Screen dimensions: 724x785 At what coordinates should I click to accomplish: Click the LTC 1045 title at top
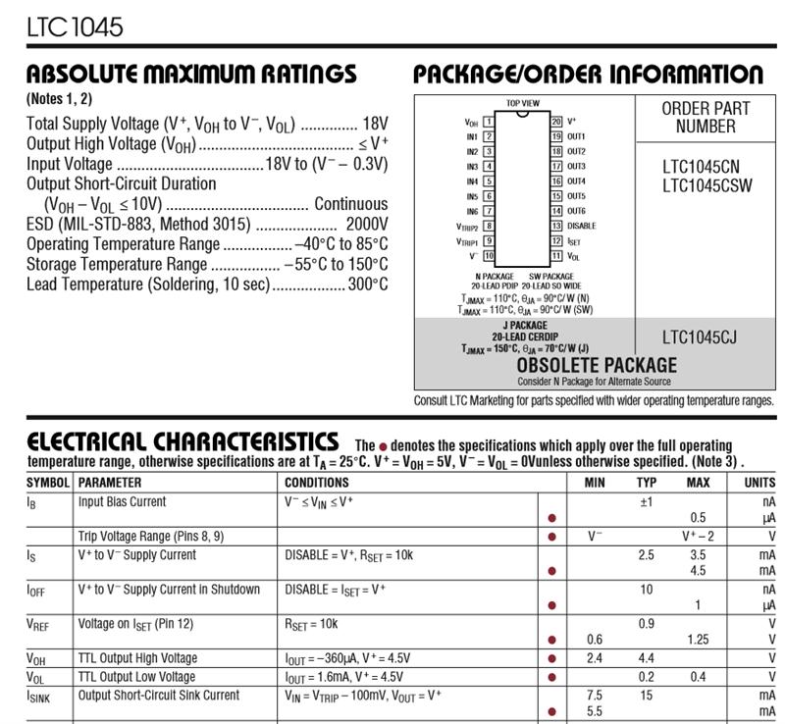click(76, 26)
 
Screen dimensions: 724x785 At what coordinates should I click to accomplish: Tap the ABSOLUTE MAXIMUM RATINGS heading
click(191, 75)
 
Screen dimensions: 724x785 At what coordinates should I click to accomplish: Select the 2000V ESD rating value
click(367, 224)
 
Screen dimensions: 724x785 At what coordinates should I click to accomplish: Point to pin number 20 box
click(555, 122)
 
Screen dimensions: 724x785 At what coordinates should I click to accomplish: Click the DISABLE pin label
click(581, 226)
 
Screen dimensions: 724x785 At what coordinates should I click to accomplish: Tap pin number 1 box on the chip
click(488, 123)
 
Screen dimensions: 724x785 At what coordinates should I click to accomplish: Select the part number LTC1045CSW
click(706, 185)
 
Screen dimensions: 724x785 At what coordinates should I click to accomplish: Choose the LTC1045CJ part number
click(699, 338)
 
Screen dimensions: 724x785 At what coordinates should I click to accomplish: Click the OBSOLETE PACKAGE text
click(597, 366)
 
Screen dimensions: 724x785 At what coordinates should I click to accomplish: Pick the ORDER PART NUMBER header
click(705, 117)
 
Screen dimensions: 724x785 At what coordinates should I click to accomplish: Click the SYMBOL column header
click(48, 483)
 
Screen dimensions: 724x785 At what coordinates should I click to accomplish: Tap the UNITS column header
click(759, 483)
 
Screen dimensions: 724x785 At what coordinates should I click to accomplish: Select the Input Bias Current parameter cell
click(123, 502)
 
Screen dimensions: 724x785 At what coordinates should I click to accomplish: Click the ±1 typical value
click(646, 502)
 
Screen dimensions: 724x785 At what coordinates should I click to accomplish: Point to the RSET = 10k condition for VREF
click(311, 623)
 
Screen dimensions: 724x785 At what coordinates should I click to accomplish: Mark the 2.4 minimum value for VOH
click(595, 658)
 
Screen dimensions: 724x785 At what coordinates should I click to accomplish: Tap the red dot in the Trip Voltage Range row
click(551, 537)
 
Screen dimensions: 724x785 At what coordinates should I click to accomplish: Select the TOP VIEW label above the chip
click(522, 103)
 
